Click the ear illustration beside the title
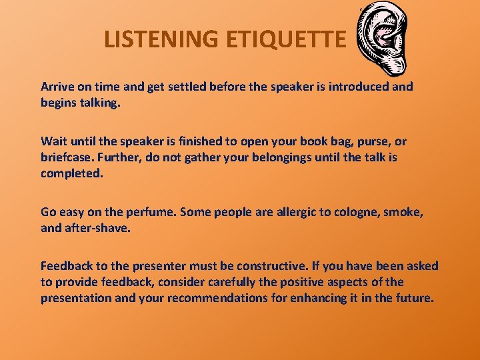point(383,40)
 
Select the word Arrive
point(58,87)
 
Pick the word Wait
point(54,141)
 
